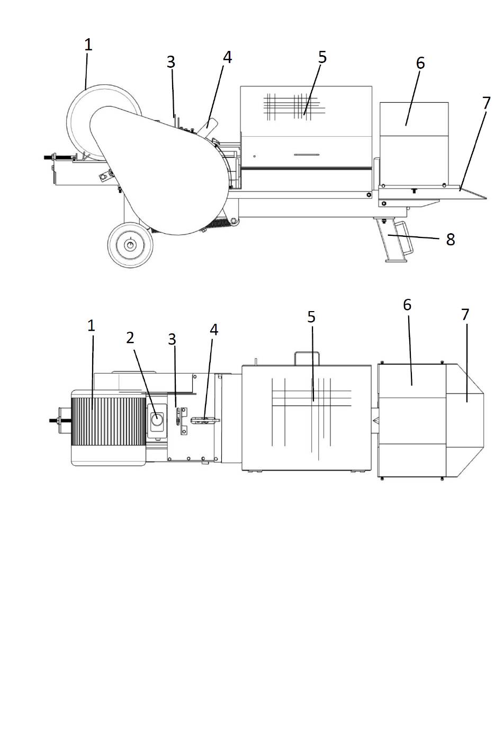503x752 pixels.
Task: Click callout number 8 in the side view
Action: [x=451, y=240]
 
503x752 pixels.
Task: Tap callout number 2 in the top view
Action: [x=130, y=338]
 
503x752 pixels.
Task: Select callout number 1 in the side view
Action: [x=88, y=45]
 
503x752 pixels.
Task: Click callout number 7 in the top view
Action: [x=465, y=315]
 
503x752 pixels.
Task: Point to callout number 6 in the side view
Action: [x=420, y=63]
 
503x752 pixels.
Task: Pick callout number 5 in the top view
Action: [x=311, y=317]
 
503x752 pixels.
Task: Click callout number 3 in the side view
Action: [x=170, y=62]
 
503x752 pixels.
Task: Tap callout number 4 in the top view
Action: [x=214, y=330]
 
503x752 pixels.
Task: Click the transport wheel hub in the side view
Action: [x=130, y=245]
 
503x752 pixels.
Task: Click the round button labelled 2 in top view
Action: [x=157, y=420]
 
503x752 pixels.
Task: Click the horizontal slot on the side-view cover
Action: [x=307, y=155]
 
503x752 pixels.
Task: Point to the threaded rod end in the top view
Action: [x=54, y=420]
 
